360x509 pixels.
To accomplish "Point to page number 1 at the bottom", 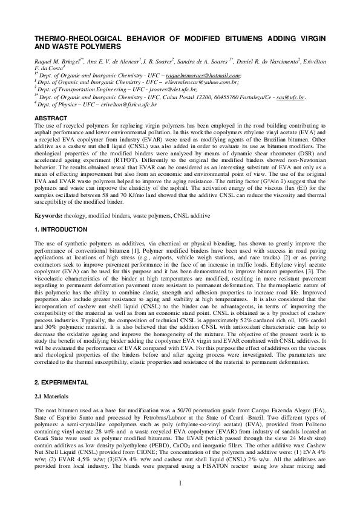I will pos(180,482).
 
